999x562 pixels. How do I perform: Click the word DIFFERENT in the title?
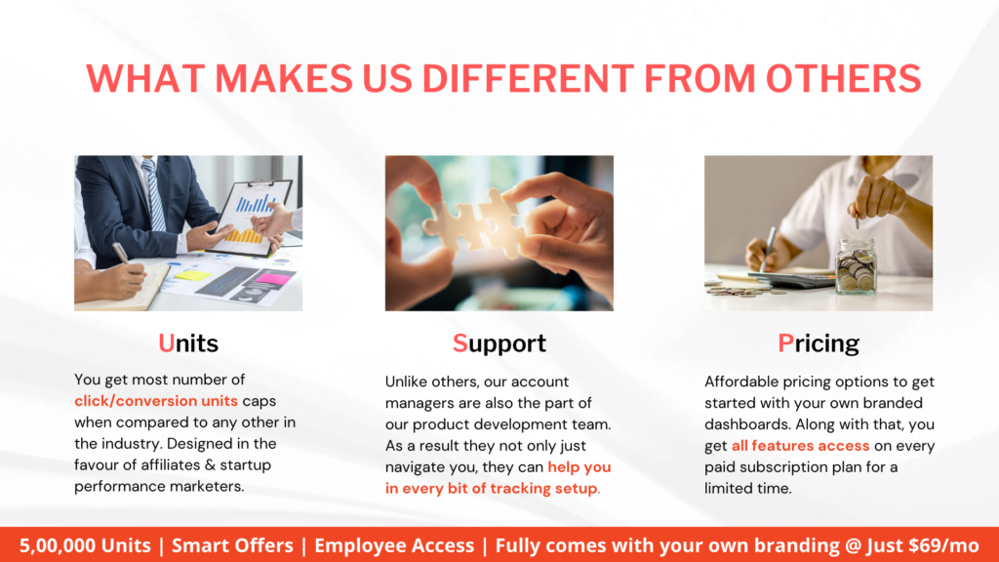click(528, 78)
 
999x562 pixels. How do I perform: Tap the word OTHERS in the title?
click(843, 78)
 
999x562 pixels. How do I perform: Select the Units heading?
click(188, 343)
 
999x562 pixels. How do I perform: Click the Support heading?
click(499, 344)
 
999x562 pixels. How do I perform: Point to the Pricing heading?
click(819, 344)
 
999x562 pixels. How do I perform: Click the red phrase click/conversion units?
click(156, 401)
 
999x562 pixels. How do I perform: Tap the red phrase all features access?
click(800, 445)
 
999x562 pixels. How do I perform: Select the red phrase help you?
click(579, 467)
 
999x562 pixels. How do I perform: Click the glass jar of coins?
click(856, 266)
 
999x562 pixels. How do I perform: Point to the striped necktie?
click(153, 195)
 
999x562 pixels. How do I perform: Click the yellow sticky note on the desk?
click(192, 275)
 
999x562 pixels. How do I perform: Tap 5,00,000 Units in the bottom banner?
click(85, 545)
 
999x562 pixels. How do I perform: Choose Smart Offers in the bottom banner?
click(232, 545)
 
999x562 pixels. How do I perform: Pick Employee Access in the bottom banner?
click(394, 545)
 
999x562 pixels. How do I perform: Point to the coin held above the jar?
click(858, 222)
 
